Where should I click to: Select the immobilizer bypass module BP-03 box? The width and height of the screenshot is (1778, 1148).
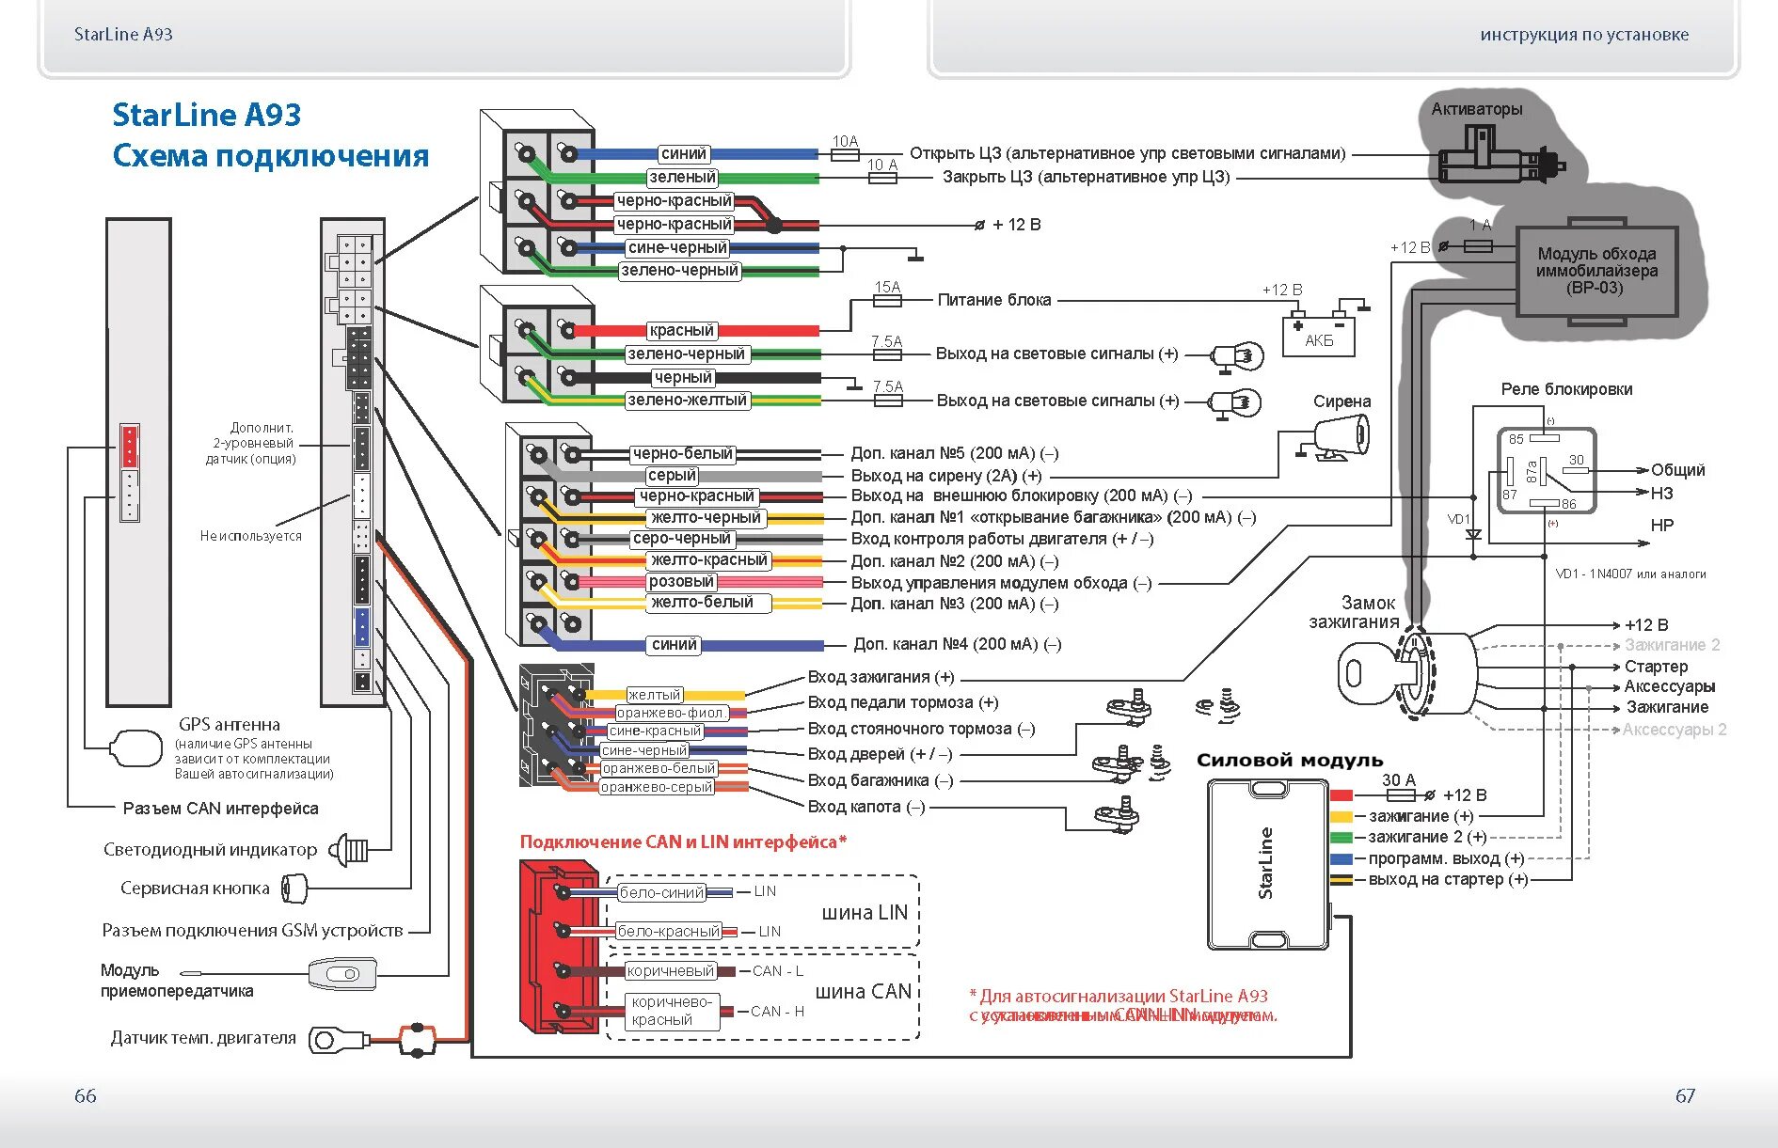[1596, 271]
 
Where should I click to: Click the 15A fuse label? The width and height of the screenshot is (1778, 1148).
[887, 287]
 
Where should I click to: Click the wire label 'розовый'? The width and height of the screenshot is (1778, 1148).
[681, 582]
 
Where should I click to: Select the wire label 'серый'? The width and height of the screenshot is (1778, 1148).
[672, 476]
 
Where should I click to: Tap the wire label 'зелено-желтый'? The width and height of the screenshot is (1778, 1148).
[687, 401]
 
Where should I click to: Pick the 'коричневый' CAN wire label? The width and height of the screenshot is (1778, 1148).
[671, 971]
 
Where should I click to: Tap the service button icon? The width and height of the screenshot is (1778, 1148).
[294, 888]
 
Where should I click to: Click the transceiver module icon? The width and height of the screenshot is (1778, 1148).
[342, 974]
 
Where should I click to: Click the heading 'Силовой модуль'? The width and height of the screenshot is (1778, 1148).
[1289, 761]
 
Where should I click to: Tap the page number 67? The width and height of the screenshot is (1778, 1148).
[1685, 1095]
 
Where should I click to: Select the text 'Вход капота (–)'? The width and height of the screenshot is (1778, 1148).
[865, 807]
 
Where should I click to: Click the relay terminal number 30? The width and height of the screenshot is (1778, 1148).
[1576, 460]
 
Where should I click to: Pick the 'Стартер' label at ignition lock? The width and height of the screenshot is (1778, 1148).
[1656, 667]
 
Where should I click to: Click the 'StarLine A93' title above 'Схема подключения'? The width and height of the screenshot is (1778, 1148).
[206, 116]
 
